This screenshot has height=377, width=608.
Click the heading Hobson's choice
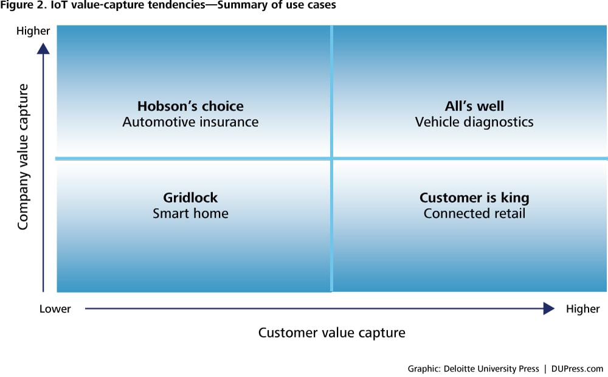(190, 106)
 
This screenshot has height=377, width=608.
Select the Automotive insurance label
(190, 122)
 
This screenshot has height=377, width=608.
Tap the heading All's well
(474, 106)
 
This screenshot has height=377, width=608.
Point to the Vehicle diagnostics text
(474, 122)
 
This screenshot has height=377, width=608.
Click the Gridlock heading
(190, 198)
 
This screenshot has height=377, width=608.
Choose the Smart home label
(190, 213)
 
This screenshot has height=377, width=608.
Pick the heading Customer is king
(474, 198)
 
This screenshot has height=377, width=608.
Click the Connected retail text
(474, 213)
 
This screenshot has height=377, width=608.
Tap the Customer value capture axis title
(332, 333)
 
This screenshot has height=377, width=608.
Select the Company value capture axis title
(23, 157)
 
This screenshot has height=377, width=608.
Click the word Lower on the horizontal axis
(55, 309)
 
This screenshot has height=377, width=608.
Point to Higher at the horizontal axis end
(583, 309)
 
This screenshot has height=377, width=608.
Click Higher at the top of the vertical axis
(33, 30)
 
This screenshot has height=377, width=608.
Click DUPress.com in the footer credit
(577, 368)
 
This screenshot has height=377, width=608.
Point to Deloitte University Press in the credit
(491, 368)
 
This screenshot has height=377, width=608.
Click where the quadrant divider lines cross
(331, 158)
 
